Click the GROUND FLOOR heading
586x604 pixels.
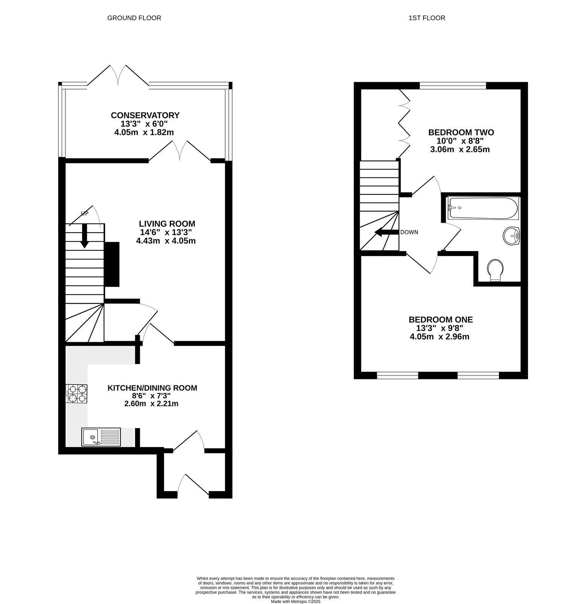(x=134, y=18)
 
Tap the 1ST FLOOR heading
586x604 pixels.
(x=427, y=18)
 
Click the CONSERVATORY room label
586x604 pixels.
(x=145, y=115)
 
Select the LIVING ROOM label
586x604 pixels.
(x=167, y=223)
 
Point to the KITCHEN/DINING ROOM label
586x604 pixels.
(x=152, y=388)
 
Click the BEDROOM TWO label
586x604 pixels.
(x=461, y=132)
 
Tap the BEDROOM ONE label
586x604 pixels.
(x=441, y=320)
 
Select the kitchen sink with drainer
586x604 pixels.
(x=101, y=437)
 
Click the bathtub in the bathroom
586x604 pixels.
(x=483, y=208)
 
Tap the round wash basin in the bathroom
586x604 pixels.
(x=511, y=236)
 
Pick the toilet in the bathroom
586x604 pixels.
(x=495, y=270)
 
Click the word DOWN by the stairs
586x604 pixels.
(x=409, y=232)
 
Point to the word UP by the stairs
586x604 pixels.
(x=84, y=214)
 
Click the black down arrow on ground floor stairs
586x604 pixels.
(x=84, y=236)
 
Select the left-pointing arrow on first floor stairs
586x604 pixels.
(x=387, y=233)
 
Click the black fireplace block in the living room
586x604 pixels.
(x=112, y=264)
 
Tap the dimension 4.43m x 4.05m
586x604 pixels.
(x=166, y=240)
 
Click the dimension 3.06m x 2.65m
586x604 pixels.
(x=460, y=149)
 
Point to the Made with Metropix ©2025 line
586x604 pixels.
(x=296, y=601)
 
